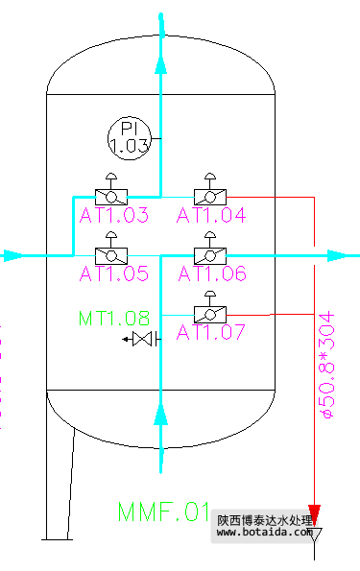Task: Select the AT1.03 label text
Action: [x=114, y=215]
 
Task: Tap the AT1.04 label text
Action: [x=211, y=215]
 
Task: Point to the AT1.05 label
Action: [x=114, y=274]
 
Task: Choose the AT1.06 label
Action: [x=211, y=274]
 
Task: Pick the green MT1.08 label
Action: [x=114, y=317]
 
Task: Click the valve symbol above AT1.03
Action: [x=112, y=195]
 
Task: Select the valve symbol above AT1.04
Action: [x=209, y=195]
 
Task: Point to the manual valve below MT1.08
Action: [x=142, y=340]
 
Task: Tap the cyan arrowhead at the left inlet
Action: [x=12, y=255]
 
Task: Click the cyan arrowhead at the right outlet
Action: [x=337, y=255]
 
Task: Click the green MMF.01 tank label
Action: [x=163, y=511]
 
